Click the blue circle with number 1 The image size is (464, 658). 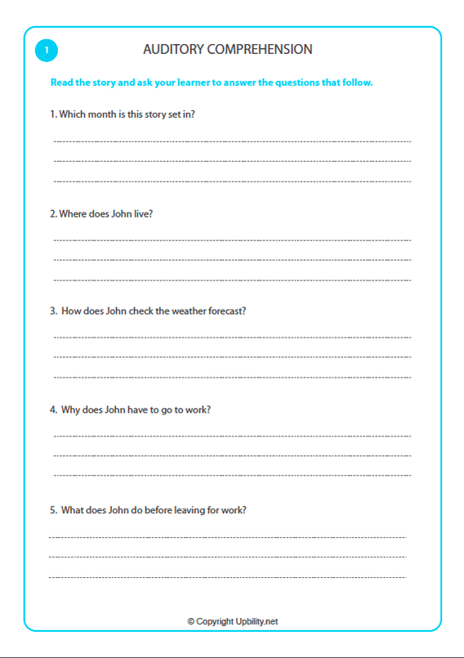pos(47,51)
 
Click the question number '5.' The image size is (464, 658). pos(53,510)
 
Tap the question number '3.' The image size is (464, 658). pos(53,311)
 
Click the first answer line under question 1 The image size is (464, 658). pos(232,141)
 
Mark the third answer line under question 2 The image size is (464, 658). pos(232,280)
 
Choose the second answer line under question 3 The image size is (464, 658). pos(232,357)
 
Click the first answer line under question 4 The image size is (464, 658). pos(232,436)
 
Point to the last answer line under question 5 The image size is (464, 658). pos(227,578)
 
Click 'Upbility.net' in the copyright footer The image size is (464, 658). pos(256,622)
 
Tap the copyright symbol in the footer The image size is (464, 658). pos(191,622)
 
